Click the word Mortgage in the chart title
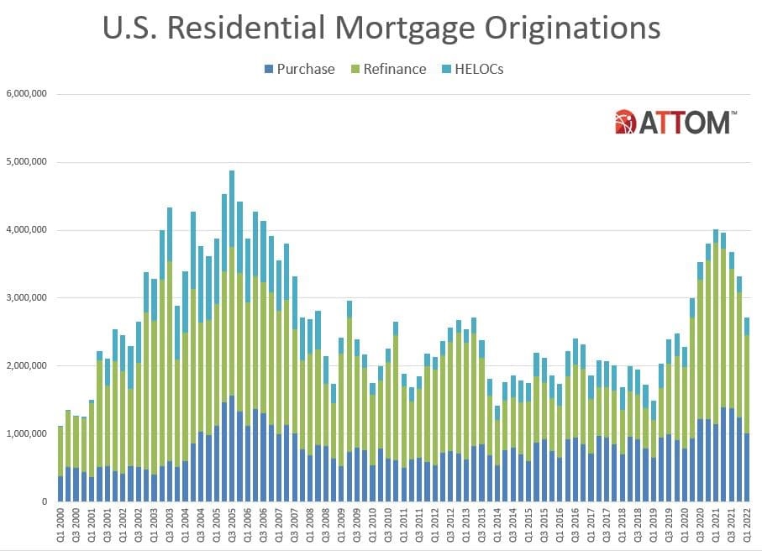417,28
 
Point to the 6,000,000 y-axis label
25,93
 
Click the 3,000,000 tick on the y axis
25,297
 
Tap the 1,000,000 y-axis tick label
25,433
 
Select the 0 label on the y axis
43,501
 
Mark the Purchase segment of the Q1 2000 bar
60,489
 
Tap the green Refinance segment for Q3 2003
170,361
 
